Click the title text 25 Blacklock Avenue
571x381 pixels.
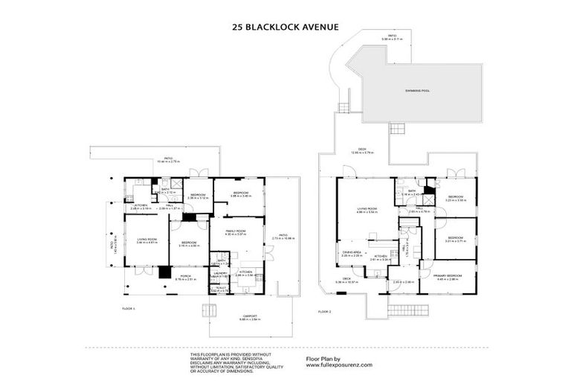pyautogui.click(x=285, y=27)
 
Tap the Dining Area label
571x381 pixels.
pyautogui.click(x=352, y=253)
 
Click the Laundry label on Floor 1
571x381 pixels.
pyautogui.click(x=220, y=274)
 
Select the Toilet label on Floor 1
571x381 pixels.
pyautogui.click(x=219, y=288)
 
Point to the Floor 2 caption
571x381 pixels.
pyautogui.click(x=325, y=311)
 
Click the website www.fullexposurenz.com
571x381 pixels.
pyautogui.click(x=340, y=366)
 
